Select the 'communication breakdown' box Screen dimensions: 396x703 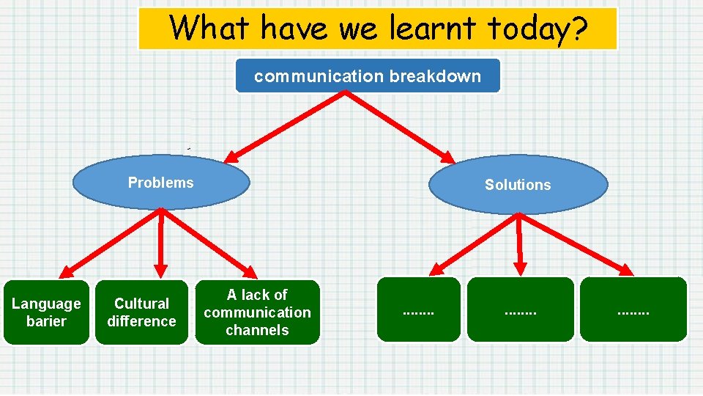[368, 76]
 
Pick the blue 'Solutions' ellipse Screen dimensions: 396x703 [518, 185]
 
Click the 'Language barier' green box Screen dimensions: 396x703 [46, 312]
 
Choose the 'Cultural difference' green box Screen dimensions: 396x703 [141, 312]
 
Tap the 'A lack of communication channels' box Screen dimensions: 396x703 [257, 312]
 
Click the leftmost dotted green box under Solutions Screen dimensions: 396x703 [418, 310]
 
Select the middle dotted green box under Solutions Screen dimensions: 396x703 [520, 310]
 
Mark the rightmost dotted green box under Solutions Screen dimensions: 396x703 [633, 310]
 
